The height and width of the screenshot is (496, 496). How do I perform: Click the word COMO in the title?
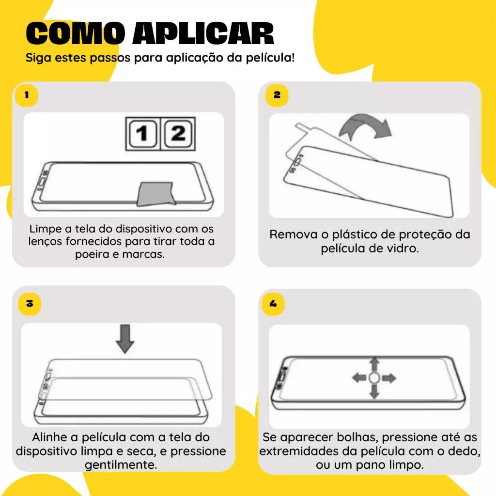pos(75,33)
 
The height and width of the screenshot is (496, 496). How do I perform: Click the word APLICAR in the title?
pos(203,33)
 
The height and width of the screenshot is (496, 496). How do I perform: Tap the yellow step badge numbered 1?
pos(26,95)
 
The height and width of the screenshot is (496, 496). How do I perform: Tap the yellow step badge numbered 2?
pos(277,95)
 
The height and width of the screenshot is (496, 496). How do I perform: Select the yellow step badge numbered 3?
pos(30,304)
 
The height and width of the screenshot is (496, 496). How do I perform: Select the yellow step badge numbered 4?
pos(273,304)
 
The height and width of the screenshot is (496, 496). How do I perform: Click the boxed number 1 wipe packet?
pos(143,134)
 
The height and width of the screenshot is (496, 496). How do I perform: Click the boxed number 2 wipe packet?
pos(178,134)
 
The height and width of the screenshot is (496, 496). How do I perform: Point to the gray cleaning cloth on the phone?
pos(156,194)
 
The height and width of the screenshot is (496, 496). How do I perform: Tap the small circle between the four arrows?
pos(374,378)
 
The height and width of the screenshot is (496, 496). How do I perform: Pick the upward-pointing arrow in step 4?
pos(374,364)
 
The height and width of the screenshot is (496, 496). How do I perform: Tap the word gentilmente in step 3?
pos(121,465)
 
